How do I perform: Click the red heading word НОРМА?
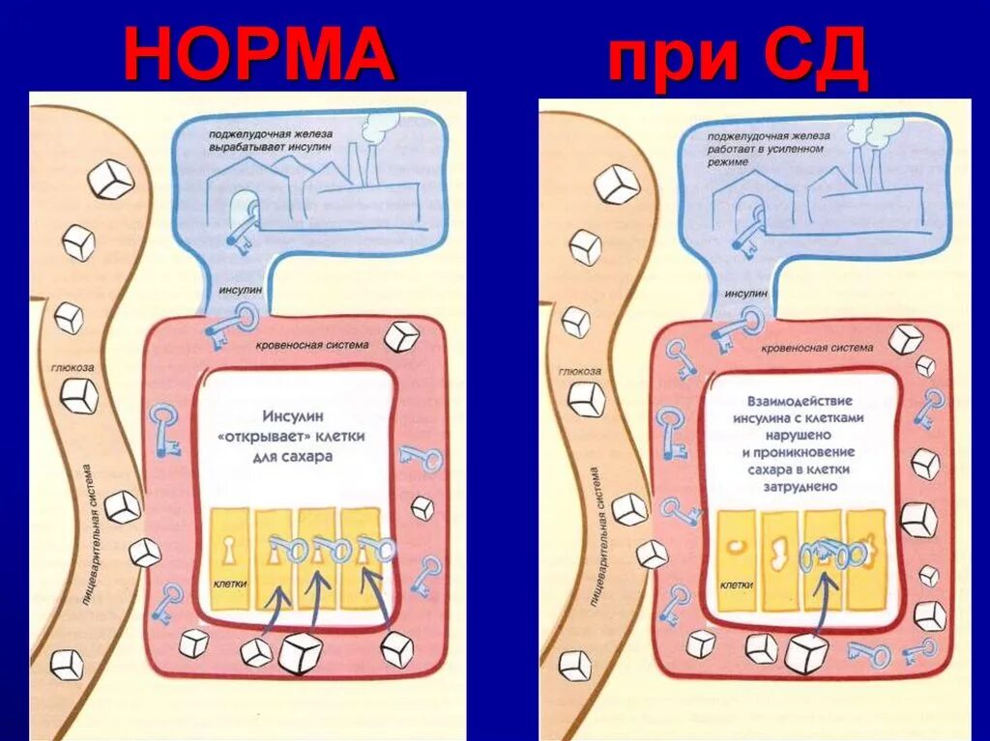[259, 54]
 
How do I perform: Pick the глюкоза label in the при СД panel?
[578, 370]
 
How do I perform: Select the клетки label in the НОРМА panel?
[232, 584]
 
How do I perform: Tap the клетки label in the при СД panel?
[737, 584]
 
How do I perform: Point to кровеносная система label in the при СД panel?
[818, 346]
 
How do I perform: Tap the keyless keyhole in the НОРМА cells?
[231, 551]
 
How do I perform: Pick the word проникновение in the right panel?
[798, 452]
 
